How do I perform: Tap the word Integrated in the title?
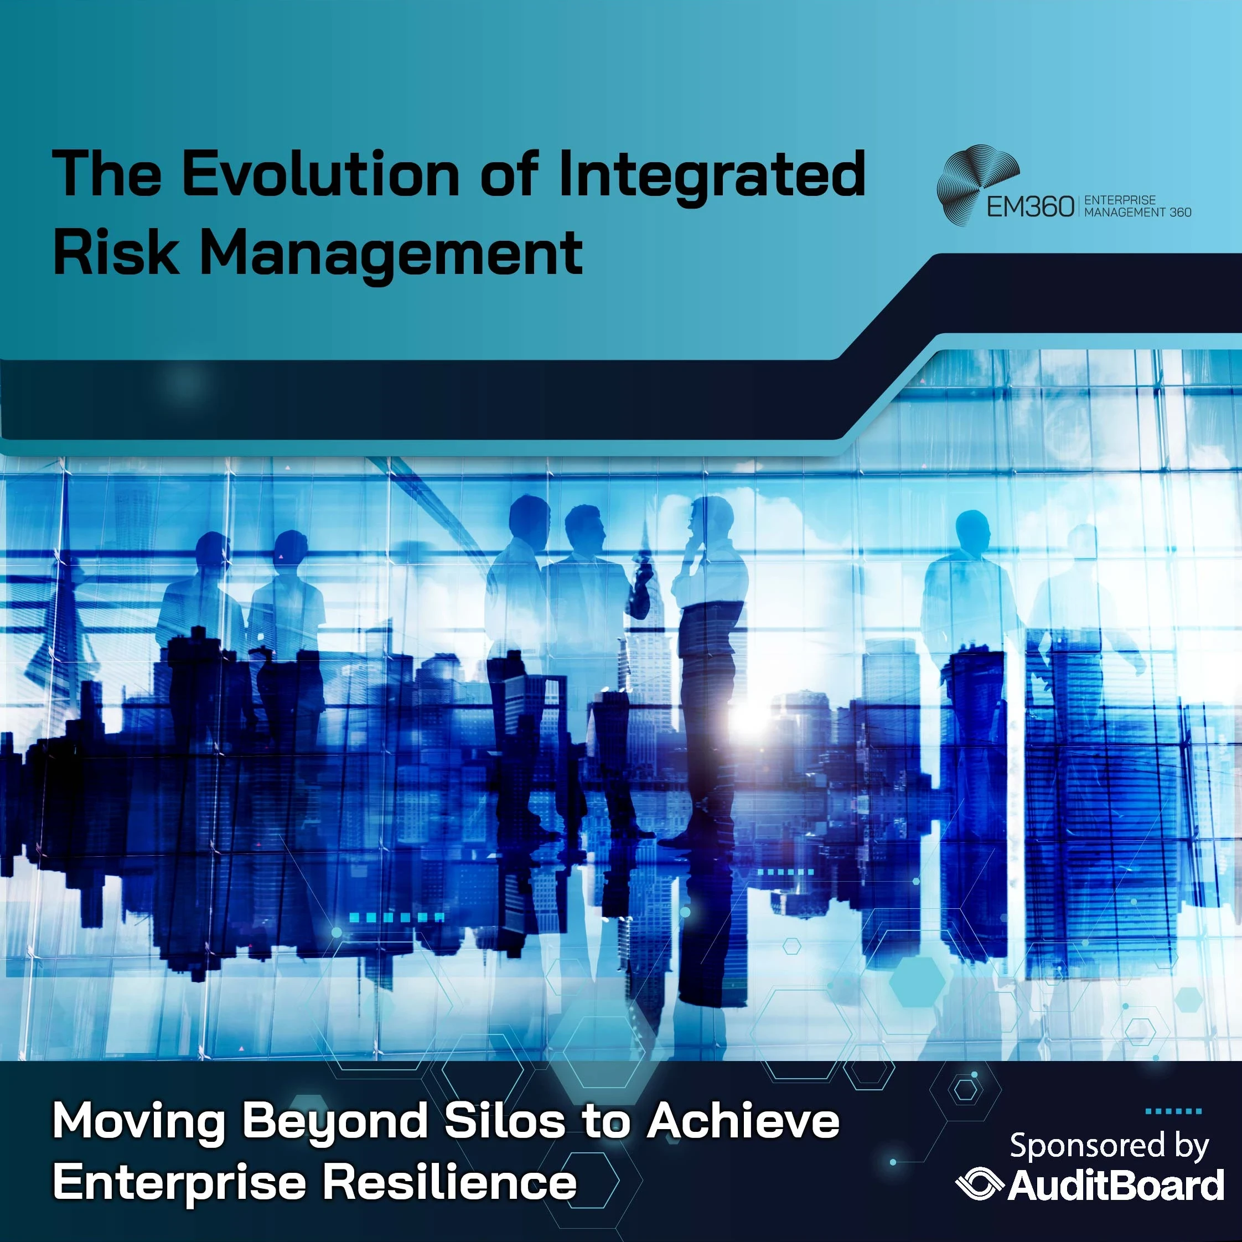[x=712, y=175]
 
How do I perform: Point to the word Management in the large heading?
[x=391, y=255]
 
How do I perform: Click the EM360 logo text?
[x=1031, y=207]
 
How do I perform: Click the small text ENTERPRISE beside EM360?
[x=1120, y=200]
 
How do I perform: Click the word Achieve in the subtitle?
[x=743, y=1121]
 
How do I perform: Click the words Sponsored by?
[x=1109, y=1146]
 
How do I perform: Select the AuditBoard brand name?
[x=1116, y=1186]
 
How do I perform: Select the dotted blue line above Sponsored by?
[x=1173, y=1111]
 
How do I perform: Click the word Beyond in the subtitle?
[x=334, y=1122]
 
